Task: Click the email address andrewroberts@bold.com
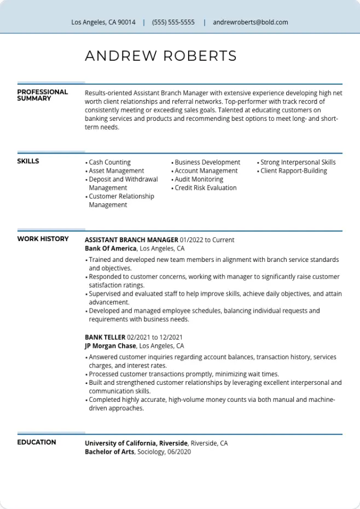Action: (250, 22)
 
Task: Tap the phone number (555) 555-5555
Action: (173, 22)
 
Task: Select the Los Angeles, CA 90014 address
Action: (103, 22)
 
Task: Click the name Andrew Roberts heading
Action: (161, 56)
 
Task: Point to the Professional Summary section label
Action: (42, 95)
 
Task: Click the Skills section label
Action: (28, 161)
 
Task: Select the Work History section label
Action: (43, 239)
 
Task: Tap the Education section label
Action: (36, 442)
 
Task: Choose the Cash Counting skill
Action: (109, 162)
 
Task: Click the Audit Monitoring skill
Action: (199, 179)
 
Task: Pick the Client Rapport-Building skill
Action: (293, 171)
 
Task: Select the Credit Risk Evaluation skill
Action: (205, 188)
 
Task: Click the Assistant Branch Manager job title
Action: (131, 240)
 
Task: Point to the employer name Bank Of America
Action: (111, 248)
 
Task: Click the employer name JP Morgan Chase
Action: (110, 346)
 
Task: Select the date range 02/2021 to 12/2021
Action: (155, 337)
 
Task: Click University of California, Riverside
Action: (136, 443)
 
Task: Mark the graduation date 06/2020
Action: (179, 452)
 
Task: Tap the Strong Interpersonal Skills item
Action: (298, 162)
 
